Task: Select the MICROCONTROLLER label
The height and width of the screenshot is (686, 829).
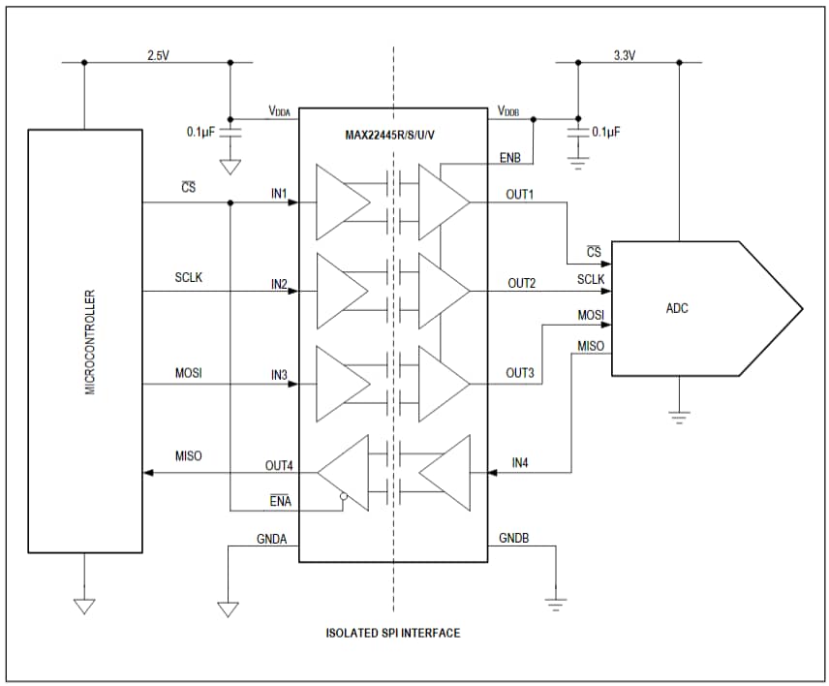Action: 90,341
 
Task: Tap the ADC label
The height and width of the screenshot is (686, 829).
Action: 679,308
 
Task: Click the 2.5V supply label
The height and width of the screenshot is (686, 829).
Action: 158,55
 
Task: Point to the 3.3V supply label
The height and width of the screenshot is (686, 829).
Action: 625,55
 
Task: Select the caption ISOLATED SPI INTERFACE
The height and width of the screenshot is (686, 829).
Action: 392,633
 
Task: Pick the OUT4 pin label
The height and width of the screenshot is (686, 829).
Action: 279,465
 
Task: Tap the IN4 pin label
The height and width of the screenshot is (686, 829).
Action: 520,464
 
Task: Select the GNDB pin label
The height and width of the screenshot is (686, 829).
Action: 513,538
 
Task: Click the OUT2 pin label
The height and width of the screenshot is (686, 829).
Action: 521,283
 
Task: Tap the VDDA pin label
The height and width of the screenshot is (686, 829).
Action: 279,111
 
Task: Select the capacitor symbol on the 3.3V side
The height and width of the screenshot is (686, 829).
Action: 577,132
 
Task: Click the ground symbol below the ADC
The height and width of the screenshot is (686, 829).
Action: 679,417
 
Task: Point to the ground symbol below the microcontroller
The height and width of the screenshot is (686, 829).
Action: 84,606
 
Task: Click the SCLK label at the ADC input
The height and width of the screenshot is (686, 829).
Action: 591,279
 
